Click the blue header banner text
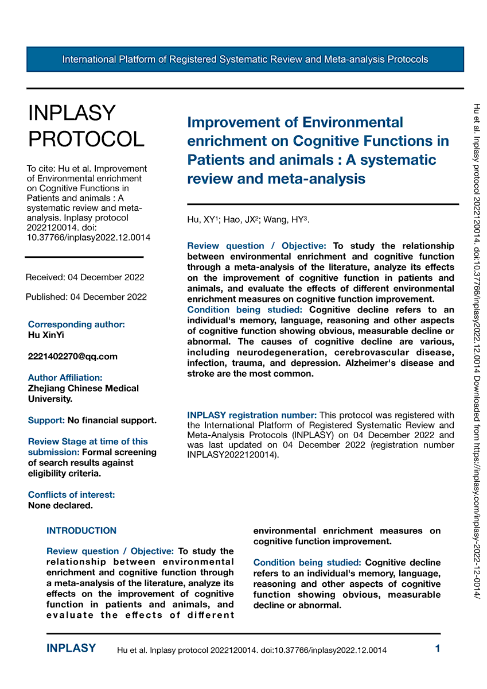[245, 59]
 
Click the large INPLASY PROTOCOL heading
[86, 126]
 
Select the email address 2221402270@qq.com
[72, 356]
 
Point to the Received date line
[85, 277]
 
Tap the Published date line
[86, 297]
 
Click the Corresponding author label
[76, 324]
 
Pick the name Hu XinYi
[46, 335]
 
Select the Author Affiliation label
[65, 377]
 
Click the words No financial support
[112, 420]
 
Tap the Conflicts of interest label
[71, 494]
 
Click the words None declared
[60, 505]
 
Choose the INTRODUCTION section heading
[81, 531]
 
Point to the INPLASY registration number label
[252, 415]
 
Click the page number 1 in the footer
[438, 649]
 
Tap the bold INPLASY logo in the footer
[71, 649]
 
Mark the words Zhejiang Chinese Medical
[83, 388]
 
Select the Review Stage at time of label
[88, 442]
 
